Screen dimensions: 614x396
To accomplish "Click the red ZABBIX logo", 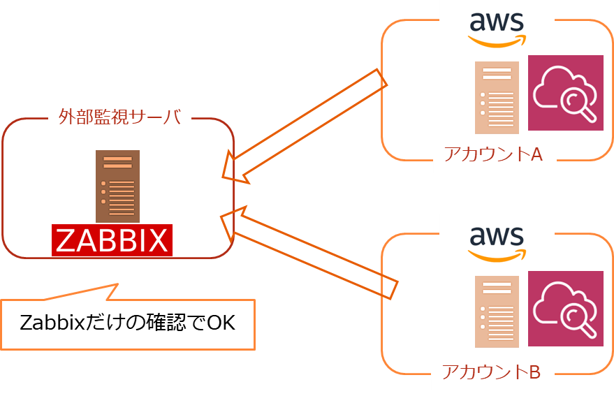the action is point(112,240).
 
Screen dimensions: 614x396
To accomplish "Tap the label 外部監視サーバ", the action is point(119,117).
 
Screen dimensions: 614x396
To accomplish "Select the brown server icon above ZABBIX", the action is point(117,186).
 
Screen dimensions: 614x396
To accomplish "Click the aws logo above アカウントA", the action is point(497,29).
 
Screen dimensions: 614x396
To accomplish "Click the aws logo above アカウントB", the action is point(497,244).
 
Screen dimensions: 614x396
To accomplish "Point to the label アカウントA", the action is point(493,154).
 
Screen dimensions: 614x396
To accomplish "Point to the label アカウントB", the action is point(492,372).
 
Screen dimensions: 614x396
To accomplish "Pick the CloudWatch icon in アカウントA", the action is point(565,93).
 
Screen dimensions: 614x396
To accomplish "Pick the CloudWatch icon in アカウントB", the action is point(565,308).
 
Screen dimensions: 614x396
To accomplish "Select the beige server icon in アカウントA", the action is point(497,98).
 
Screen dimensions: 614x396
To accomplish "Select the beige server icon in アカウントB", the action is point(497,311).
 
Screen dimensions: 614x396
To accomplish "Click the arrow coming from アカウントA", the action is point(305,126).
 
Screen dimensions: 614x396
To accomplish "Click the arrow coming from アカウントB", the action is point(309,253).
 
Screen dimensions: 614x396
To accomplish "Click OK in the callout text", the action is point(221,323).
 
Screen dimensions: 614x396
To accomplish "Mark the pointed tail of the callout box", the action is point(117,284).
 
